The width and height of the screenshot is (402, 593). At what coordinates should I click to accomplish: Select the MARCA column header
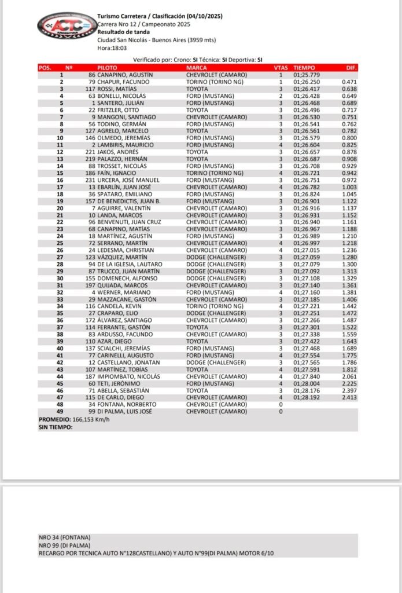(196, 68)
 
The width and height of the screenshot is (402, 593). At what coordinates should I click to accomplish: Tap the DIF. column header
(351, 68)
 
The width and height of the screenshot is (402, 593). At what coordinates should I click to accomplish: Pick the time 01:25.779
(307, 75)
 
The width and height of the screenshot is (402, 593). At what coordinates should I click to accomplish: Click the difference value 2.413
(349, 398)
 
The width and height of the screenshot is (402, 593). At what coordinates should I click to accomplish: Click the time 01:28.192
(307, 398)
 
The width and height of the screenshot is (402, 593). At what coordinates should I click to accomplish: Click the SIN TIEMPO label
(56, 426)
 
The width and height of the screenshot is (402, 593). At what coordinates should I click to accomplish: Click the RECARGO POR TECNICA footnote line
(156, 553)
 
